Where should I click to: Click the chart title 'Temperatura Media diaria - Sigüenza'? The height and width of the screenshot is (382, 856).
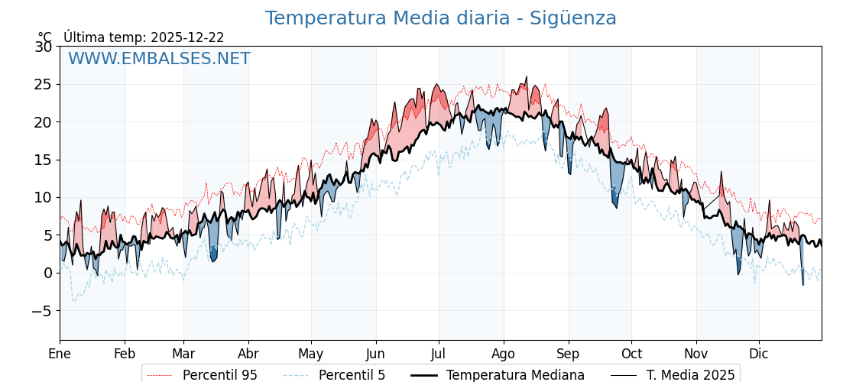click(x=440, y=18)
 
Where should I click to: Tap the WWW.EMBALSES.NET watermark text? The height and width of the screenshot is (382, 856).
click(x=159, y=59)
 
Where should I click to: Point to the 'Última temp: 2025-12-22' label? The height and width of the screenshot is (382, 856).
click(x=144, y=37)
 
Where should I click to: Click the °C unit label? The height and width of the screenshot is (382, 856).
click(x=45, y=37)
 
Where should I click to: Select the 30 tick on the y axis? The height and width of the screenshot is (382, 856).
click(x=43, y=47)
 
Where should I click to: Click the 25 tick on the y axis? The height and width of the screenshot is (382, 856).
click(x=43, y=84)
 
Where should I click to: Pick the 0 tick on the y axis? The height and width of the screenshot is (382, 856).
click(x=47, y=273)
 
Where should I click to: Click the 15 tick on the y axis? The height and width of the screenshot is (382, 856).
click(x=43, y=160)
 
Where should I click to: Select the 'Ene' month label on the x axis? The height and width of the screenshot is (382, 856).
click(x=60, y=354)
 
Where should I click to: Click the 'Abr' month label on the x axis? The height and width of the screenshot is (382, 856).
click(x=248, y=354)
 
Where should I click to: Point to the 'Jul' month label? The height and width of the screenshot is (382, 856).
click(x=439, y=354)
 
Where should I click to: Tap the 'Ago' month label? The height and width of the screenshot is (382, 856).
click(x=504, y=354)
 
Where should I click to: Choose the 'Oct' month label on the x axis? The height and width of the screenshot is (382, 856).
click(x=631, y=354)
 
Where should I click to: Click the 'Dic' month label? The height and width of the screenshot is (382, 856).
click(x=759, y=354)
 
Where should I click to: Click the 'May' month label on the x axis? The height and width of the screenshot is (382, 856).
click(x=311, y=354)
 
